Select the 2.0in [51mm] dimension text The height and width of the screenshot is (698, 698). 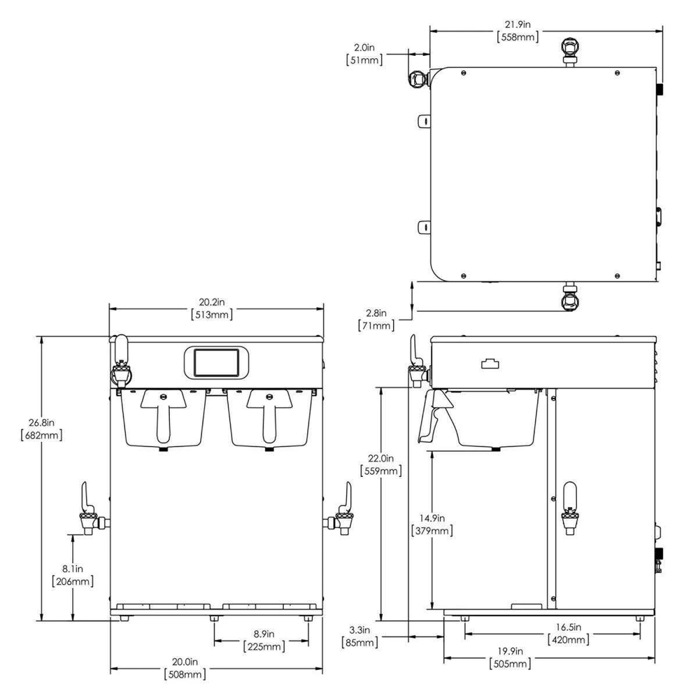point(364,54)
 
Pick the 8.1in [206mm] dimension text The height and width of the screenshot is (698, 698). point(72,574)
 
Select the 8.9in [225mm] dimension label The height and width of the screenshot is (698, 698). point(263,640)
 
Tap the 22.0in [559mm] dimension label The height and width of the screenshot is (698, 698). point(381,464)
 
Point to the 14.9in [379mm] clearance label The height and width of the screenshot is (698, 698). point(432,524)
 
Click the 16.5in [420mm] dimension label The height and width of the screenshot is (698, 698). point(568,633)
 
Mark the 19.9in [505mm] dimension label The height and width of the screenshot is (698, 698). point(510,657)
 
